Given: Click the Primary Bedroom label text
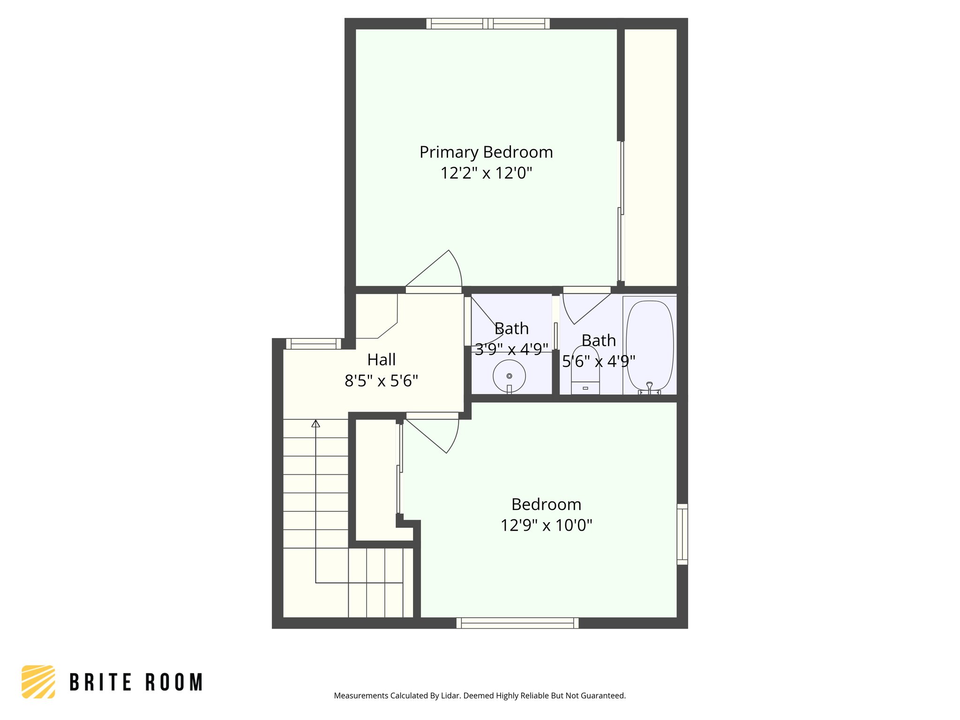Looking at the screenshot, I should [x=486, y=152].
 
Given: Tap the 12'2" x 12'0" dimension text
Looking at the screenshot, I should [x=486, y=173].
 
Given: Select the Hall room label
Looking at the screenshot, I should [x=381, y=360].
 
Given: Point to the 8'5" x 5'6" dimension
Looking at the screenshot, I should [x=381, y=381].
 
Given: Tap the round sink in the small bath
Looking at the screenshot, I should [x=509, y=376].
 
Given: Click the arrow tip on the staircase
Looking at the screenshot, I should [x=316, y=423].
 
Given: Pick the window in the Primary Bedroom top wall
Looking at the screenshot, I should [x=488, y=23].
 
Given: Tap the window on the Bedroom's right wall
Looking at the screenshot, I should [x=682, y=534].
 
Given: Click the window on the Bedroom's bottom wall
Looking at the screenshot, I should [x=517, y=623].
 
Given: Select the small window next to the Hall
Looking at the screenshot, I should [x=314, y=344].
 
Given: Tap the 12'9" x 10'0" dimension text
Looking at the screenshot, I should [x=546, y=525].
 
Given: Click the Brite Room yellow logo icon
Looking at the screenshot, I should [x=38, y=682].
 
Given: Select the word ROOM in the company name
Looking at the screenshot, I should [x=174, y=682].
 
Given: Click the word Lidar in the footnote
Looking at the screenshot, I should [x=450, y=696].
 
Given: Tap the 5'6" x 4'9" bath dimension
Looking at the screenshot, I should [x=599, y=361].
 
